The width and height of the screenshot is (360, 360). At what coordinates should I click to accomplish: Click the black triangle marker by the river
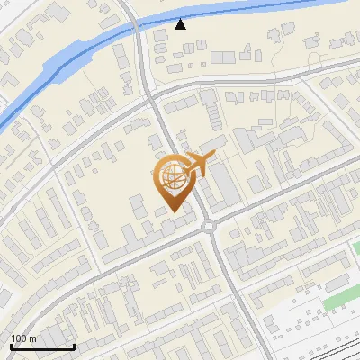(181, 24)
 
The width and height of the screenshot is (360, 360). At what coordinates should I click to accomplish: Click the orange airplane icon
(199, 164)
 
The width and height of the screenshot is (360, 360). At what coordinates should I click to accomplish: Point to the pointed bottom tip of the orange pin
(172, 211)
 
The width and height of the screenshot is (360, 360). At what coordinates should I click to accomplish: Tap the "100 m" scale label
(23, 338)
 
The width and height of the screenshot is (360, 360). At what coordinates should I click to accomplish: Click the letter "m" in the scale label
(32, 338)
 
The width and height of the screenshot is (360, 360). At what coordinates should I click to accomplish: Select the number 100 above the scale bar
(19, 338)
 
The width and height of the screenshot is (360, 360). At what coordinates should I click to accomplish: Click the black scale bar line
(42, 346)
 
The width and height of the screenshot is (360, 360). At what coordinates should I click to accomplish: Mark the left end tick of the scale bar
(11, 345)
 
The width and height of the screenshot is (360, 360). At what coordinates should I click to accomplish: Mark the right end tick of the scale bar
(74, 345)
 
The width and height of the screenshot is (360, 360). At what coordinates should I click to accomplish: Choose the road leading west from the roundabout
(135, 249)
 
